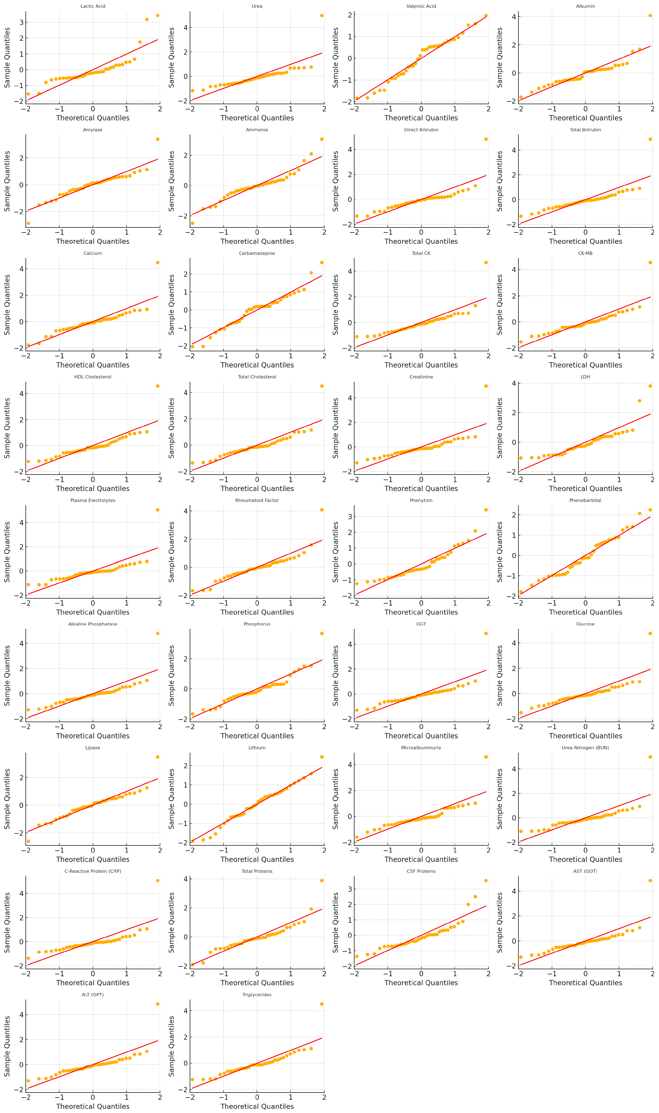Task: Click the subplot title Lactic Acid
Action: coord(93,6)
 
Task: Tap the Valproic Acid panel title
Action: coord(421,6)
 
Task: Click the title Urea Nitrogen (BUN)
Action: coord(585,747)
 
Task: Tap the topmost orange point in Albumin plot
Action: coord(650,16)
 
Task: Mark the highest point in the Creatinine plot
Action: coord(486,386)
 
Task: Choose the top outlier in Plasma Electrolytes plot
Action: coord(158,510)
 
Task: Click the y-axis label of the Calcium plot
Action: coord(7,304)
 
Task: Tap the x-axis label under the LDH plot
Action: coord(585,488)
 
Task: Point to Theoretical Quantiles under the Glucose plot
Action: coord(585,735)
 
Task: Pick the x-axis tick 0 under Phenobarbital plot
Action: coord(585,603)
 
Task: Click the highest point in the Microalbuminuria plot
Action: coord(486,757)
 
